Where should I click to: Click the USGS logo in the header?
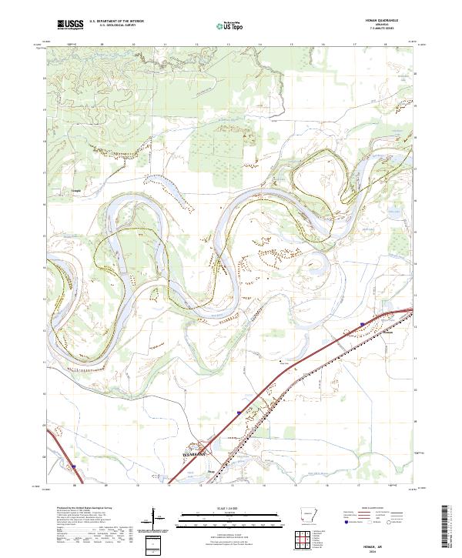[x=71, y=25]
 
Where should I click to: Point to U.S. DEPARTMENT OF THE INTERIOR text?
[x=116, y=22]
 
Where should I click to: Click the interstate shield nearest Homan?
[x=362, y=324]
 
